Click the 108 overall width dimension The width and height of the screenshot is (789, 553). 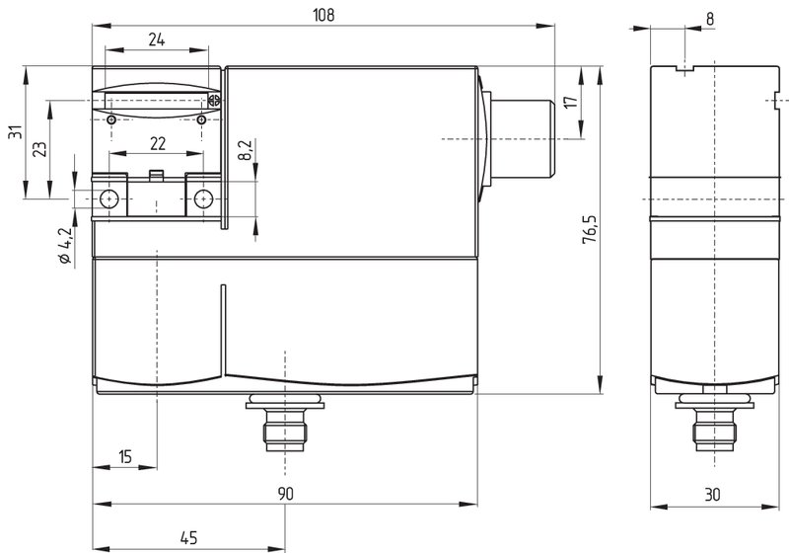click(x=323, y=15)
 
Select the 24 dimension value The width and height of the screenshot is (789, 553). click(x=157, y=39)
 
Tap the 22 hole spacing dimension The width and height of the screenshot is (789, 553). click(x=158, y=144)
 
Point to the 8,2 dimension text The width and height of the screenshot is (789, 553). click(x=246, y=150)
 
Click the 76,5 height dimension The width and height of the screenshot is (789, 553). click(x=589, y=230)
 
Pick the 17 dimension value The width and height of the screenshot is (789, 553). click(x=571, y=102)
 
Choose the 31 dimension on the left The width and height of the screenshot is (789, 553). click(x=16, y=132)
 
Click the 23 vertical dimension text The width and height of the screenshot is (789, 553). click(x=39, y=149)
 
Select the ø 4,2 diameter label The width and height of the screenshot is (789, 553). click(x=65, y=246)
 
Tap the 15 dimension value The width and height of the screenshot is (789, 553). click(x=125, y=457)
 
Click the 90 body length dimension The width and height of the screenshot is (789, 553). click(x=285, y=494)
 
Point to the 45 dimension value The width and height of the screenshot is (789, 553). click(x=188, y=538)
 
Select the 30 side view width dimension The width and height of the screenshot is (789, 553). click(x=712, y=495)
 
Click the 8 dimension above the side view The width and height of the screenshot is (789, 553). click(x=709, y=19)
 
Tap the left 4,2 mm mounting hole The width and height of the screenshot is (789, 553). click(x=108, y=198)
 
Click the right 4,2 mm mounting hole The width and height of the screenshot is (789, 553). click(x=203, y=198)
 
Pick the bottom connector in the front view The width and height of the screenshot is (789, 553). click(x=285, y=422)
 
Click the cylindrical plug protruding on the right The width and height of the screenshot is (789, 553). click(x=522, y=139)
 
